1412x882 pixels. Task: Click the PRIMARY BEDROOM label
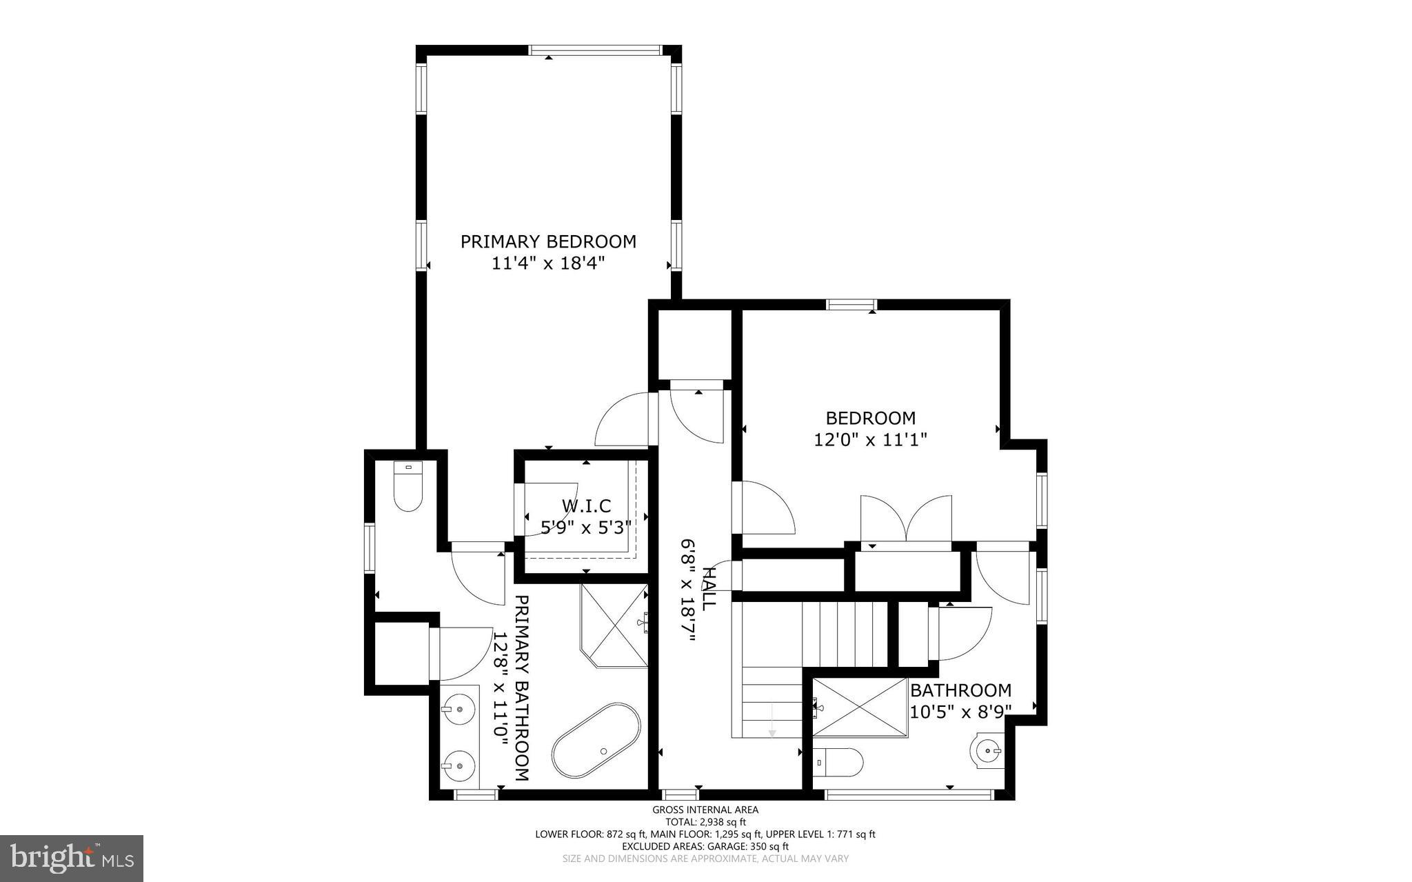coord(548,241)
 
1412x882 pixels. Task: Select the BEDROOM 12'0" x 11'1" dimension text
coord(870,439)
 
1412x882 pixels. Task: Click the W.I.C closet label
coord(586,507)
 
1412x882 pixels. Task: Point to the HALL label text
coord(708,588)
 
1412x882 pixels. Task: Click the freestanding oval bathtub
coord(596,742)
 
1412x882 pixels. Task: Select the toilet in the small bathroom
coord(838,763)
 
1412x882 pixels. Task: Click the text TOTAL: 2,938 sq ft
coord(705,822)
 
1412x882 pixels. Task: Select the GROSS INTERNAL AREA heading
coord(705,810)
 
